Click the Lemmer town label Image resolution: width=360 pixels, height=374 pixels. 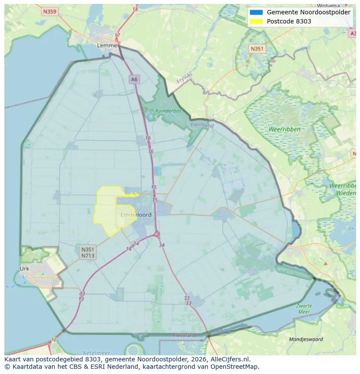pos(108,45)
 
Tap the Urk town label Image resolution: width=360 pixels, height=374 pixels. pos(24,268)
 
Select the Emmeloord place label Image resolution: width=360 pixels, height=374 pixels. pos(136,215)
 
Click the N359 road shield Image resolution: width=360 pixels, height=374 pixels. pos(50,12)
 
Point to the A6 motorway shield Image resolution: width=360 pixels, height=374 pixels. pos(134,79)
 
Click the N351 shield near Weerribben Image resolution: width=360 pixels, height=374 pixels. pos(257,49)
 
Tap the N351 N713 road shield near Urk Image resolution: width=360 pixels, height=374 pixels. pos(87,252)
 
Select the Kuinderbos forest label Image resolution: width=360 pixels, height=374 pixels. pos(168,111)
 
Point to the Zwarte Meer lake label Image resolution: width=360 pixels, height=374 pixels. pos(304,309)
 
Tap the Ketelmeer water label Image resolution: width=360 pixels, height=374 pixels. pos(96,353)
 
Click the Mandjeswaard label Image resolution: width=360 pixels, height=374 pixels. pos(306,339)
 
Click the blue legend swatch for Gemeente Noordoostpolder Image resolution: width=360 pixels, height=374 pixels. pos(257,12)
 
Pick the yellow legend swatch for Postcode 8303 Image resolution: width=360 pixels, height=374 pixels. pos(257,21)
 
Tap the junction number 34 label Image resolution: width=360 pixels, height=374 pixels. pos(162,245)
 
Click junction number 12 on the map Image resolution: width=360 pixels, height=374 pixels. pos(53,339)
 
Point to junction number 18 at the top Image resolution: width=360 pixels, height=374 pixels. pos(135,9)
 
